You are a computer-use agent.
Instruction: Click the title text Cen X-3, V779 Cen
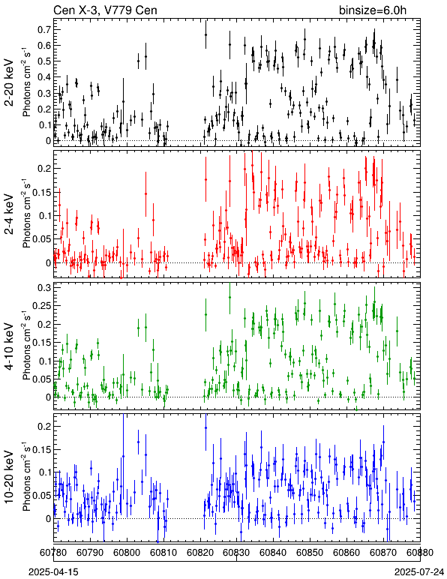point(105,10)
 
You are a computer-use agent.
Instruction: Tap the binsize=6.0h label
point(373,10)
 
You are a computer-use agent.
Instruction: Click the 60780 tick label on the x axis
point(54,553)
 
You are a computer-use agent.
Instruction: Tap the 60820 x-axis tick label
point(200,553)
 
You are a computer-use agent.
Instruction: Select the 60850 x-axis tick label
point(310,553)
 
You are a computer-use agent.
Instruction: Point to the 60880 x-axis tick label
point(420,553)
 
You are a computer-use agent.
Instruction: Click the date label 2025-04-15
point(53,572)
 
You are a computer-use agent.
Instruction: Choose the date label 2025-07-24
point(419,572)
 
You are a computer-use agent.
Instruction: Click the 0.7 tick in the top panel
point(43,29)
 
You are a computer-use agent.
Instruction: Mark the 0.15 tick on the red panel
point(41,193)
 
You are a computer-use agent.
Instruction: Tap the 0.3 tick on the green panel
point(43,288)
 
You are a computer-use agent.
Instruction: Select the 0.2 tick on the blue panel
point(43,427)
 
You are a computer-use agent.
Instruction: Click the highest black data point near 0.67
point(205,34)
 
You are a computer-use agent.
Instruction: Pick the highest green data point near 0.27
point(229,297)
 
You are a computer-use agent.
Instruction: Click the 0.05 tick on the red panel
point(41,239)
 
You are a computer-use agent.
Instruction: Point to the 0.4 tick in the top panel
point(43,77)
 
